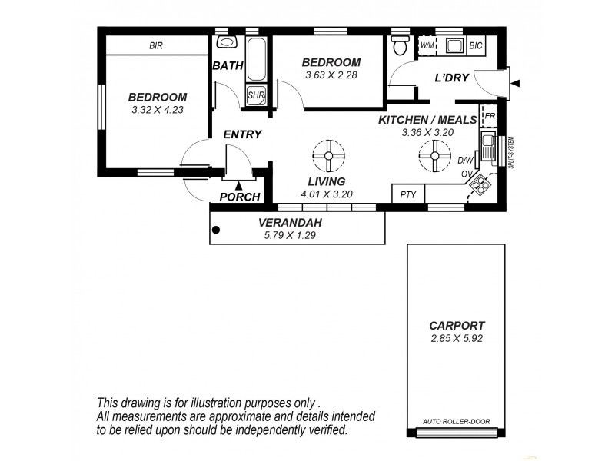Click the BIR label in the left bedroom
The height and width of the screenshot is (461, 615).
click(x=156, y=46)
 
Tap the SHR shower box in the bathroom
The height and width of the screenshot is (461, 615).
click(x=255, y=95)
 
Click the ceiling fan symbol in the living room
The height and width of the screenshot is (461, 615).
click(x=329, y=157)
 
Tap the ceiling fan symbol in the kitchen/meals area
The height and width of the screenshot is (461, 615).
click(x=435, y=157)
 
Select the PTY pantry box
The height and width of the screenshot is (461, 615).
click(x=407, y=194)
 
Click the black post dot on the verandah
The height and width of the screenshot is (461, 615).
click(x=217, y=228)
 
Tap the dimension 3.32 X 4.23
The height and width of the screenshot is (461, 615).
click(x=158, y=110)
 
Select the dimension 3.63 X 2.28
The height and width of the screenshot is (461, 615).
click(x=331, y=75)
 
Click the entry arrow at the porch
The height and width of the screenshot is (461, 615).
click(x=239, y=184)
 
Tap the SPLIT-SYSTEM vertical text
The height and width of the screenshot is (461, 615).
click(x=510, y=152)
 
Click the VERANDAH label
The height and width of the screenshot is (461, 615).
click(x=289, y=223)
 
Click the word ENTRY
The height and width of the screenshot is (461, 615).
click(x=242, y=134)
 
